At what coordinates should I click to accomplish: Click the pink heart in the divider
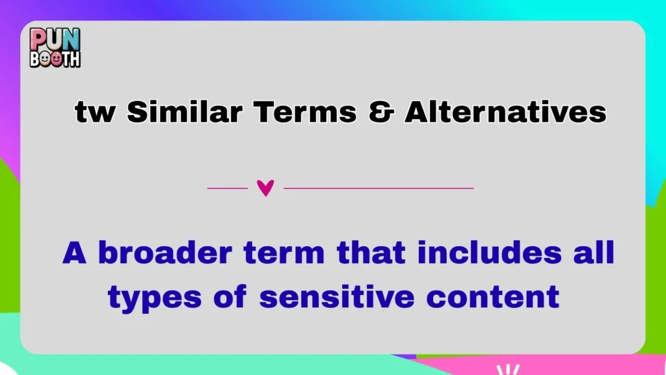coord(265,188)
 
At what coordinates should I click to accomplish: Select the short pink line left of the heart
coord(228,188)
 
